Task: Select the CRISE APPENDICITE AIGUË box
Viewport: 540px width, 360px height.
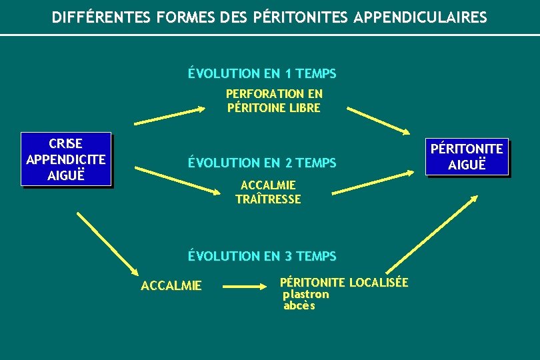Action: click(x=65, y=159)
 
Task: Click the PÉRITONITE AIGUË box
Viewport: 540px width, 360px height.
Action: click(x=467, y=156)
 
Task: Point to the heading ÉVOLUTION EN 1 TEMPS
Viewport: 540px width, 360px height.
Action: click(x=262, y=73)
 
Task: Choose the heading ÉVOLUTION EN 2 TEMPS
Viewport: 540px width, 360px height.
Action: click(x=262, y=163)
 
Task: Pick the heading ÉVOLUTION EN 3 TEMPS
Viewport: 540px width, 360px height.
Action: click(x=262, y=256)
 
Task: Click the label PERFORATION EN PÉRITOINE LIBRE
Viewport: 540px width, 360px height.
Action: click(x=274, y=101)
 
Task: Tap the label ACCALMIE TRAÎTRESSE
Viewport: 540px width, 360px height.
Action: click(x=268, y=192)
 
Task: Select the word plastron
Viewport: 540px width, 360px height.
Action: click(x=306, y=294)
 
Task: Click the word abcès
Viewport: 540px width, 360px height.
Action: click(x=299, y=306)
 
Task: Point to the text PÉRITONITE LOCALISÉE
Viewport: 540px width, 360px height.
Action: click(x=344, y=283)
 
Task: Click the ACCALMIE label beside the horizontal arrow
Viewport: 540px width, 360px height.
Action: click(x=171, y=286)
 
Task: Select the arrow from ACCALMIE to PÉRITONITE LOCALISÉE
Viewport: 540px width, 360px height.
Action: click(x=244, y=287)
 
